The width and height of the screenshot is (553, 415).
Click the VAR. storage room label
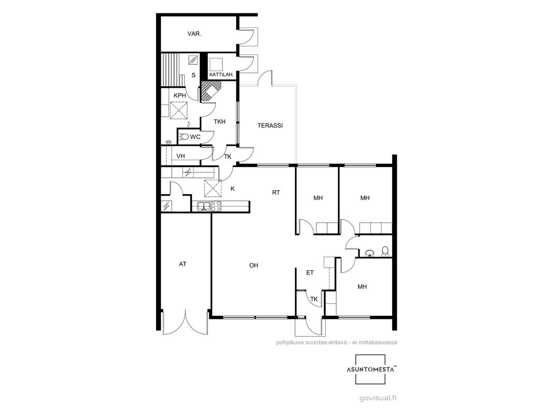[194, 34]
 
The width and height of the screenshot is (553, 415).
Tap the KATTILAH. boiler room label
[222, 75]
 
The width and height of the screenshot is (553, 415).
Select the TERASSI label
[270, 126]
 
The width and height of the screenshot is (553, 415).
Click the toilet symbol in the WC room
[184, 136]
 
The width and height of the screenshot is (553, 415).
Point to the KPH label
[180, 95]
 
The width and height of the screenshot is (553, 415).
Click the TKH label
[219, 121]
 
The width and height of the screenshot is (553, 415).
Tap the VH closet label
[181, 156]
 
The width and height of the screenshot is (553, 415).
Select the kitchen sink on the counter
[204, 206]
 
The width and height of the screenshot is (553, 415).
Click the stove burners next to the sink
[216, 206]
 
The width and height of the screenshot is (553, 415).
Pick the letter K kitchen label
[232, 189]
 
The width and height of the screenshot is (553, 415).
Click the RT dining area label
[276, 192]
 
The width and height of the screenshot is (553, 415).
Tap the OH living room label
[254, 266]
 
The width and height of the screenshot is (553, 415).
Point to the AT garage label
[182, 264]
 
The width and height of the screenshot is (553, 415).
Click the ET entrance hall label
[310, 272]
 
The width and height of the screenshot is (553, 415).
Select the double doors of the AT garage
[185, 322]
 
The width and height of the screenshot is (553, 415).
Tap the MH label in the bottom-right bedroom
[362, 287]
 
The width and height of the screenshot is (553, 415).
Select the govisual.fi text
[378, 398]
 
